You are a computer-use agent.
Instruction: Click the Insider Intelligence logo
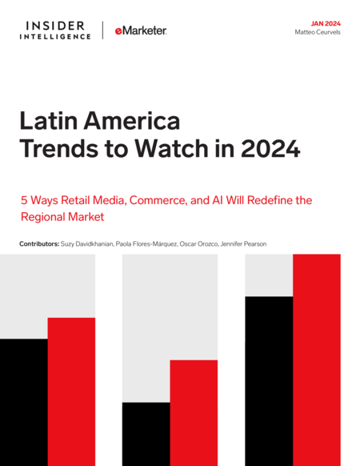(x=55, y=30)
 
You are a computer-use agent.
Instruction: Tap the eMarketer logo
(x=141, y=30)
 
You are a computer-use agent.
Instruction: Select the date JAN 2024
(x=326, y=24)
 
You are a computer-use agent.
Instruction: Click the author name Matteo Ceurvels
(x=318, y=32)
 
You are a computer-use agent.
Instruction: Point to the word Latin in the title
(x=49, y=121)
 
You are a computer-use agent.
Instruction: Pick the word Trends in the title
(x=59, y=148)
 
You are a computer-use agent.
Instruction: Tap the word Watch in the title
(x=172, y=148)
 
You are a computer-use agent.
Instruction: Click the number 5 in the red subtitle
(x=24, y=200)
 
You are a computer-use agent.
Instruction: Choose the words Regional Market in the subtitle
(x=62, y=217)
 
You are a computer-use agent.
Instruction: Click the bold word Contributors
(x=39, y=244)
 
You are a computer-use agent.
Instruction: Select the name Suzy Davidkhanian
(x=87, y=244)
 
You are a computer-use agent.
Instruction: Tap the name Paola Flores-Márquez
(x=146, y=244)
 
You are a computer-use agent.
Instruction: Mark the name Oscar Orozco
(x=199, y=244)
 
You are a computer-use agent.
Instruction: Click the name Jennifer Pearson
(x=243, y=244)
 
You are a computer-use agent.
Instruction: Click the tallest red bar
(x=317, y=360)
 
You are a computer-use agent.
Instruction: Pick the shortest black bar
(x=146, y=434)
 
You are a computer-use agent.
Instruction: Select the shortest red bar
(x=194, y=413)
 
